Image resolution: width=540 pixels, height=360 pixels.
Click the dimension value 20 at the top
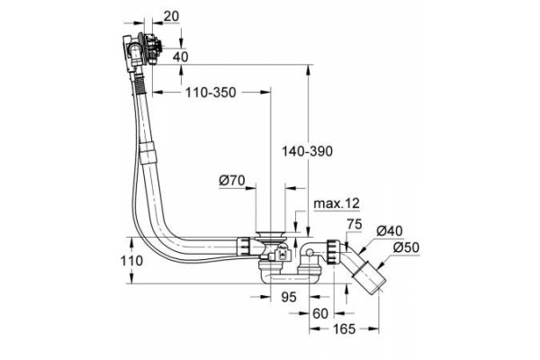(x=172, y=16)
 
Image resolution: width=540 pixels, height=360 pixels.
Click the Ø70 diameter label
(x=232, y=180)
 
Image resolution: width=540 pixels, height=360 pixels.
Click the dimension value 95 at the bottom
(x=289, y=296)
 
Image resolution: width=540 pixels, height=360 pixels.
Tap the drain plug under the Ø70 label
(x=269, y=239)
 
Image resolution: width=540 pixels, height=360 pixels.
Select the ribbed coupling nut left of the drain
(x=244, y=246)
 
